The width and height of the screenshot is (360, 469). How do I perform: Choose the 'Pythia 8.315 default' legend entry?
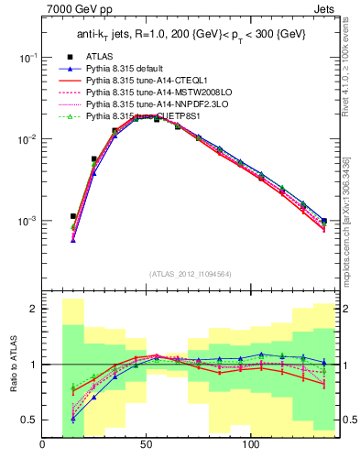tap(129, 70)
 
